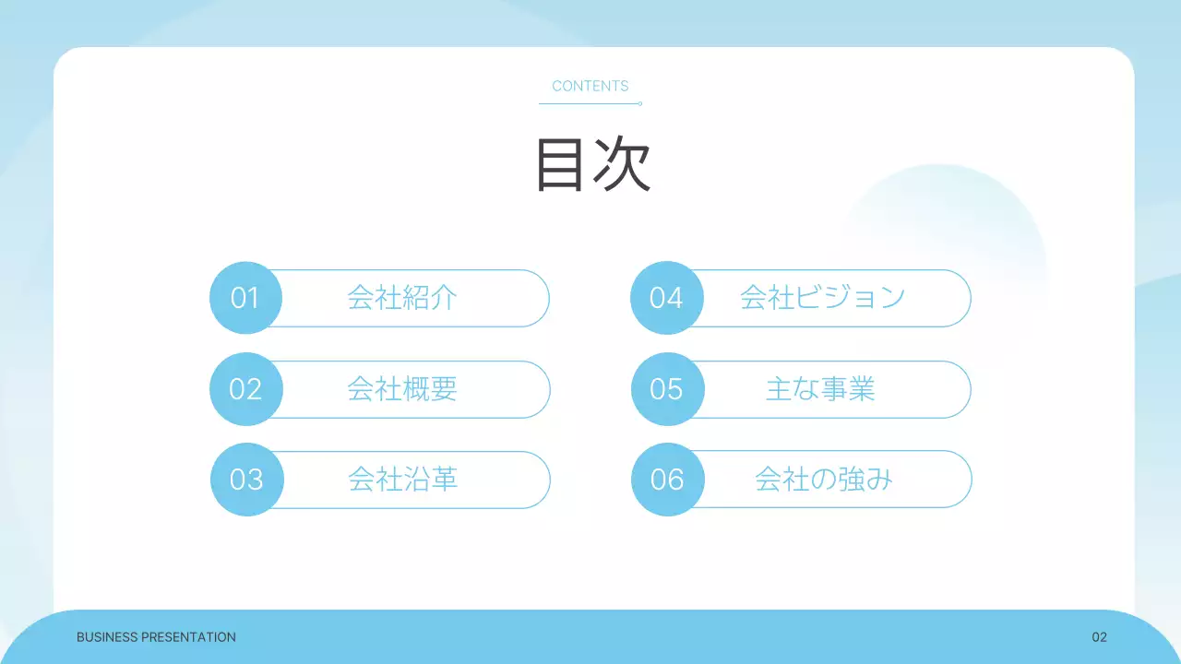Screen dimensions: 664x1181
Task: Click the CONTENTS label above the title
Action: pos(590,86)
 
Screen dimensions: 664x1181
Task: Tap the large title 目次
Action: pos(593,165)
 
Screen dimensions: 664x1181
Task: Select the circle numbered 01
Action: pos(245,298)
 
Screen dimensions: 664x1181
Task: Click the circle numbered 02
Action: pos(245,389)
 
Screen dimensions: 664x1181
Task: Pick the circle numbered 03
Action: pos(246,480)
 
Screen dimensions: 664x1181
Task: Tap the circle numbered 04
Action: pos(666,298)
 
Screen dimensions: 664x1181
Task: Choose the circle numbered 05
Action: pos(666,389)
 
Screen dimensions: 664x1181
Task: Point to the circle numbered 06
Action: pos(667,480)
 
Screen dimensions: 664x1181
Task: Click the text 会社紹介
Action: pos(402,298)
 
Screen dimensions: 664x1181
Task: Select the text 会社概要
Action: pos(402,389)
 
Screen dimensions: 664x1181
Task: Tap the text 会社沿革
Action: pos(403,480)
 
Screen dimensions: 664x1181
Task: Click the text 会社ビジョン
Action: pos(822,298)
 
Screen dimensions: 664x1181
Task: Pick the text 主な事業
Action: pos(820,389)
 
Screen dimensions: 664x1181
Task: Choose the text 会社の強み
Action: pos(823,480)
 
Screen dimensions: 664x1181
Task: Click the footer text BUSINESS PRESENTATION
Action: pos(156,637)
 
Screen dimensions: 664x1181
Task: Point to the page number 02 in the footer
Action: pos(1099,637)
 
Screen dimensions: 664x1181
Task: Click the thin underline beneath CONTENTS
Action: pos(590,103)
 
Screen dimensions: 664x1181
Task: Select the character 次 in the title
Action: pos(622,165)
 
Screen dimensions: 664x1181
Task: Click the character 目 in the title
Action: pos(560,165)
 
